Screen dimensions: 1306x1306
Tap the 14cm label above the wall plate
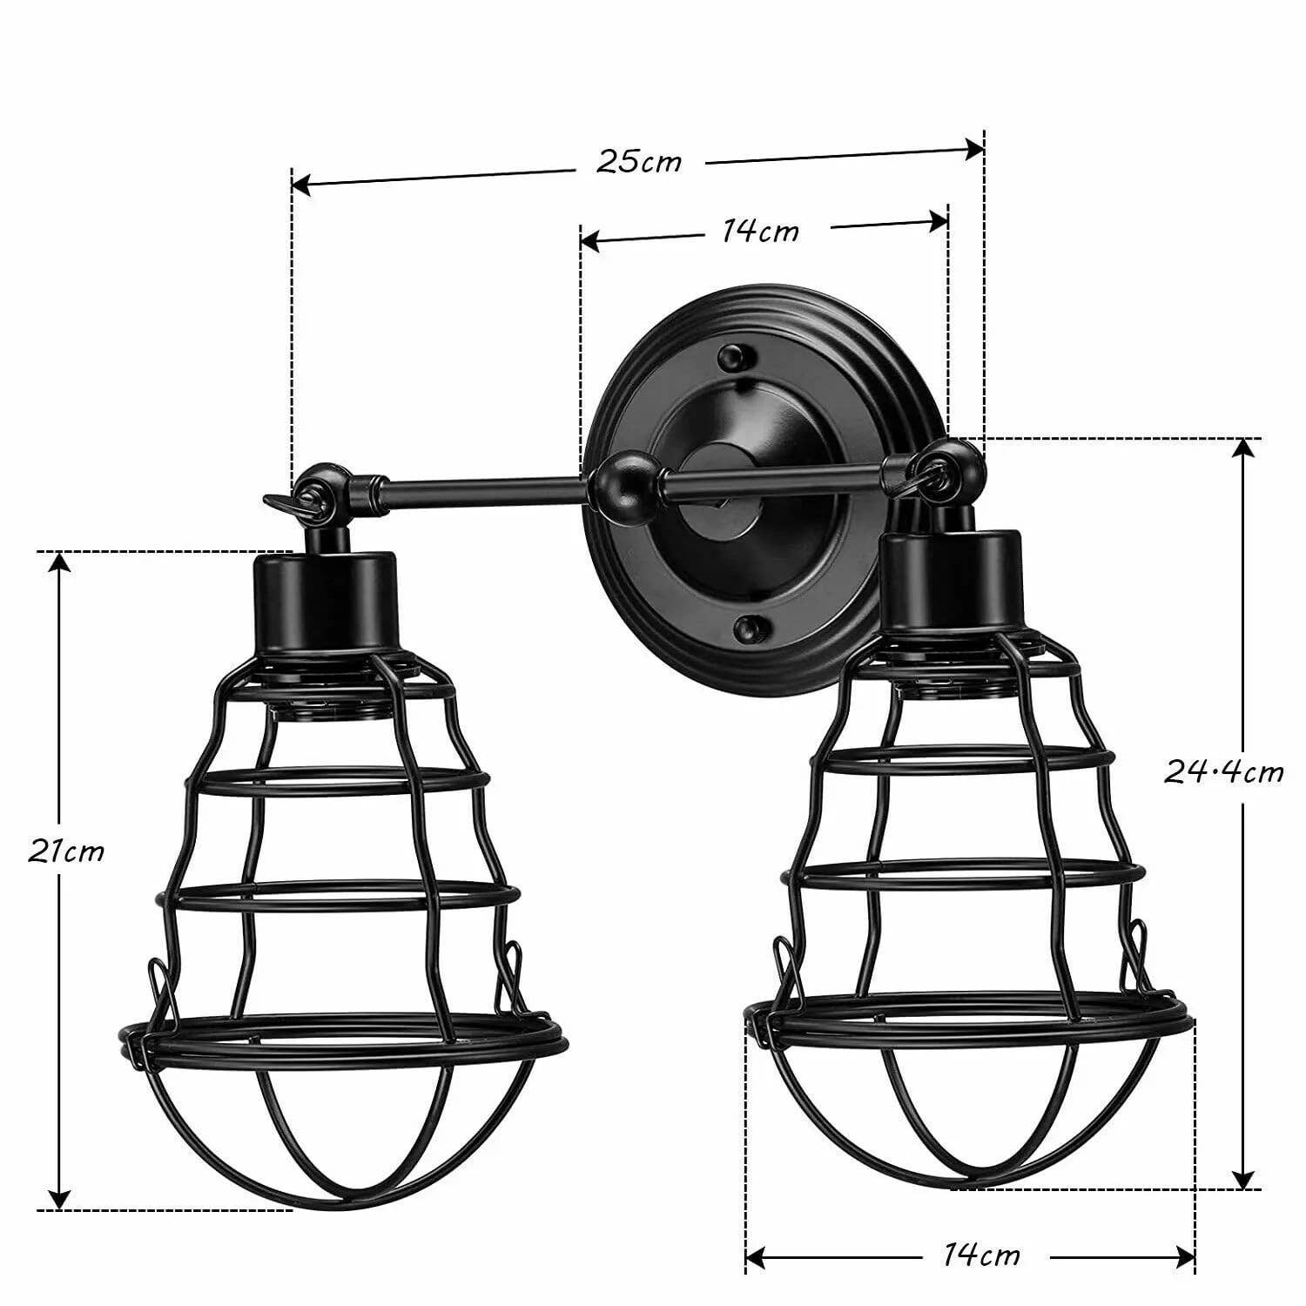point(760,232)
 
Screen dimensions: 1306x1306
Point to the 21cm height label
point(65,852)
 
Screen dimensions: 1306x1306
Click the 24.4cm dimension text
point(1223,772)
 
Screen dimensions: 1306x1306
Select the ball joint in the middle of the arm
point(619,480)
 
